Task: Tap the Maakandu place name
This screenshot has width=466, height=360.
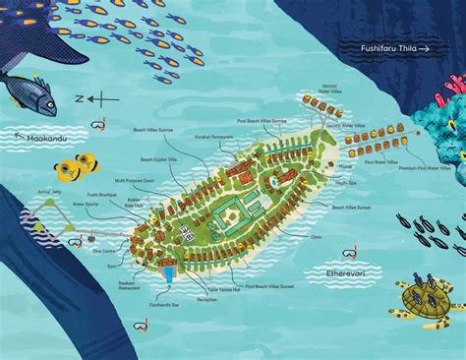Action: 48,138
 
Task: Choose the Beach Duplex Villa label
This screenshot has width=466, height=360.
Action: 159,159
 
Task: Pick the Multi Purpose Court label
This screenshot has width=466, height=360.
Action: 134,181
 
